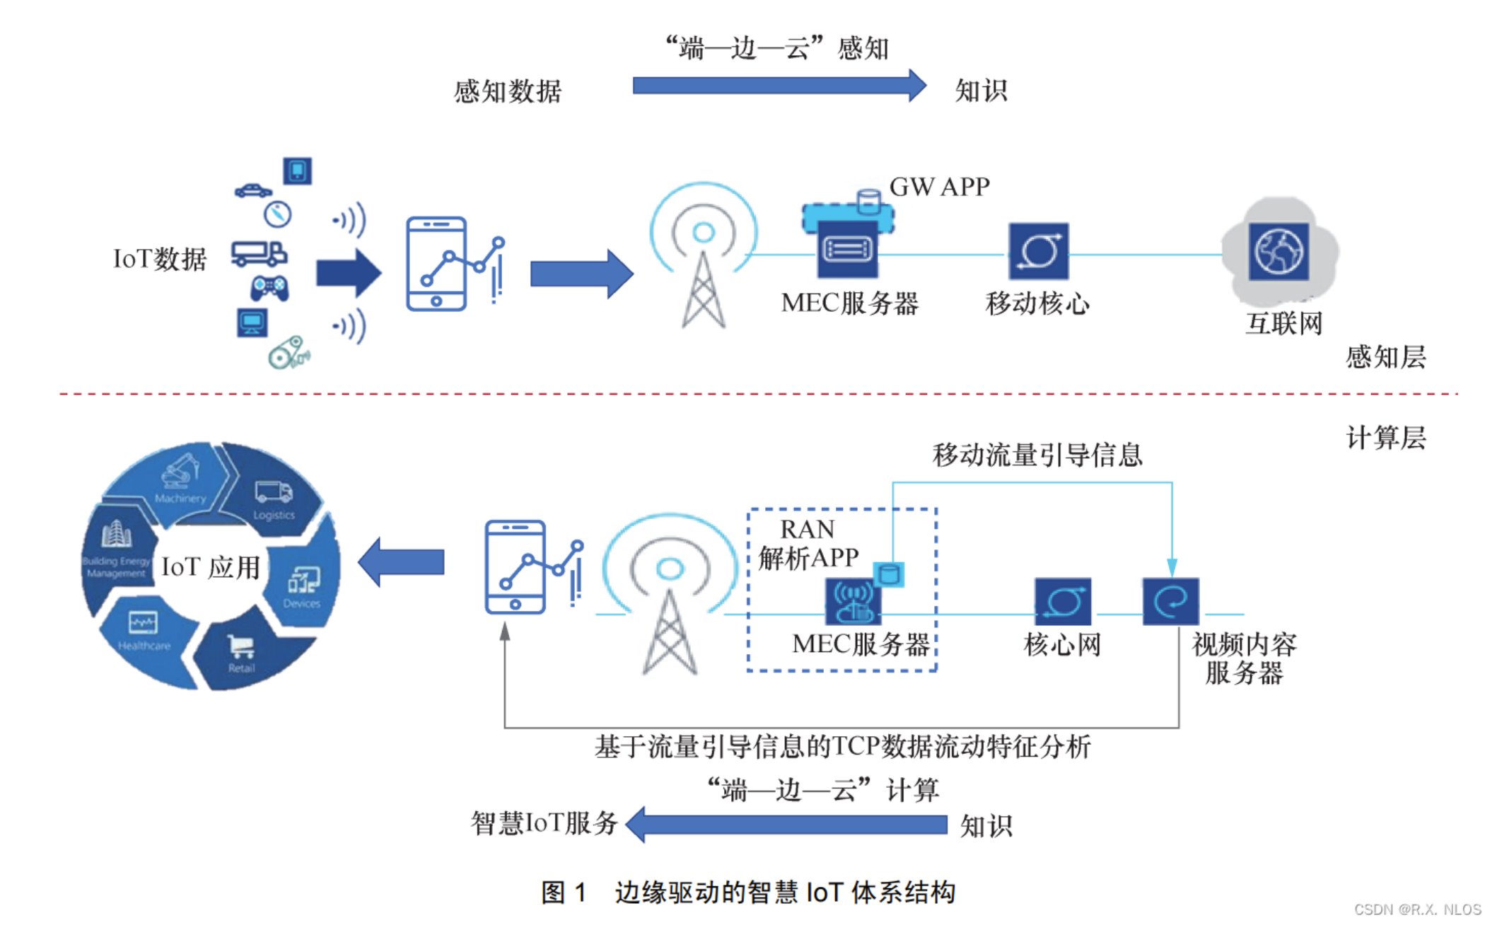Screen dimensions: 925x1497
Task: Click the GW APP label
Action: click(938, 187)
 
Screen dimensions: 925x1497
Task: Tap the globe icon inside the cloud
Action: click(1278, 252)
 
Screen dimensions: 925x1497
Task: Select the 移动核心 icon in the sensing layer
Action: click(1038, 252)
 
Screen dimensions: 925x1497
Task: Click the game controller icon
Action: click(269, 287)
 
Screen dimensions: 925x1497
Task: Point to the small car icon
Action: click(252, 190)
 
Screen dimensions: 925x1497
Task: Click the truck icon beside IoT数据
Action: click(258, 253)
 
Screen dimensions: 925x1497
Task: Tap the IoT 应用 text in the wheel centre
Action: click(210, 567)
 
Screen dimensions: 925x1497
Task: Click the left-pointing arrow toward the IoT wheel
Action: click(402, 562)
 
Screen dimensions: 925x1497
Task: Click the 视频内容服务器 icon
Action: click(1170, 601)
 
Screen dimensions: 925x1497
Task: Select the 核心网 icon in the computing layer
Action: click(1062, 601)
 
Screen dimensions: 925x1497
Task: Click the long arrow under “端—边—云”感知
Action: click(778, 86)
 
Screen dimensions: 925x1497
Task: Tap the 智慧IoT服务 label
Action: click(544, 823)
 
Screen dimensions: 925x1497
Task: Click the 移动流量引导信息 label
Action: click(1037, 455)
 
